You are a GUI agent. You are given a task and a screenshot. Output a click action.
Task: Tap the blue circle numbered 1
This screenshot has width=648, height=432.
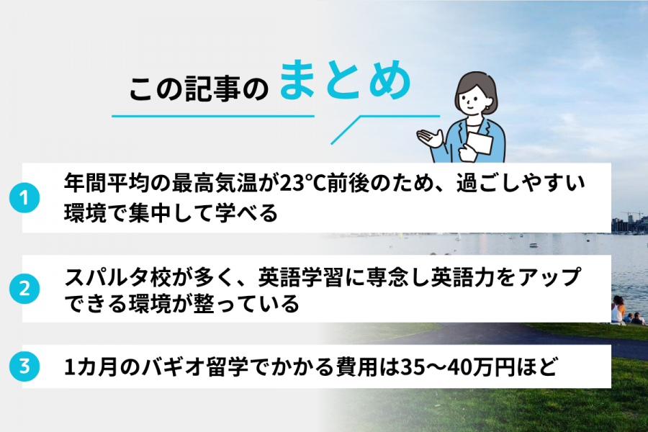24,198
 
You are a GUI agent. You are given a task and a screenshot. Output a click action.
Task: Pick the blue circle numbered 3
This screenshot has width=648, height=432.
24,366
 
